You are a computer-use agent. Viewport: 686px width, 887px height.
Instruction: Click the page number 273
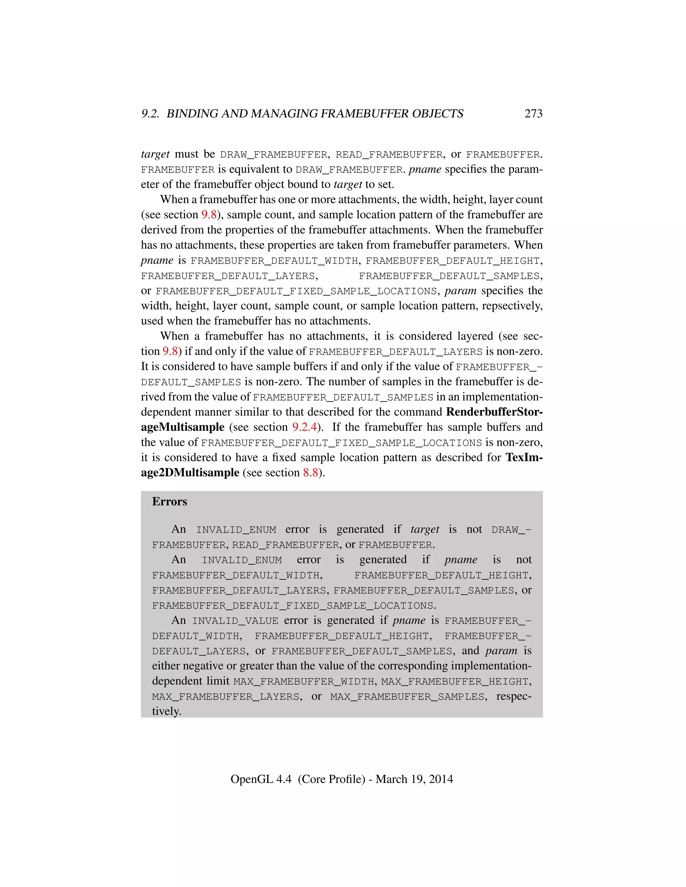pyautogui.click(x=533, y=114)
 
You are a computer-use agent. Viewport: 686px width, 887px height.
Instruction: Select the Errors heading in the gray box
pyautogui.click(x=169, y=502)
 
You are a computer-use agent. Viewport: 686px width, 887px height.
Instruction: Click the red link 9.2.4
pyautogui.click(x=304, y=427)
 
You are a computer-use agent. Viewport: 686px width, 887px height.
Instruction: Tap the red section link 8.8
pyautogui.click(x=311, y=473)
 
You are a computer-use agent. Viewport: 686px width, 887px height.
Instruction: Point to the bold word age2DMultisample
pyautogui.click(x=190, y=473)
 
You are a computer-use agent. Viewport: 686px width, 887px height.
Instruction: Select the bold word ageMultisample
pyautogui.click(x=183, y=427)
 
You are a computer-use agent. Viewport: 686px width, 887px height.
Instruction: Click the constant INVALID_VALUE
pyautogui.click(x=235, y=621)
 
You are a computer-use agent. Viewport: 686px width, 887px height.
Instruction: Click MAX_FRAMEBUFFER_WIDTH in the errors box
pyautogui.click(x=303, y=681)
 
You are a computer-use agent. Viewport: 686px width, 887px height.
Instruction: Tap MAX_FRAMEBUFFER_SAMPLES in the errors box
pyautogui.click(x=407, y=697)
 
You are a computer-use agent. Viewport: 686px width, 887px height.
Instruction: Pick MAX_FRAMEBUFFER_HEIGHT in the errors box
pyautogui.click(x=455, y=681)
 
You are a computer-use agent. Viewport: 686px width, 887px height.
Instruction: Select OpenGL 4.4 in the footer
pyautogui.click(x=261, y=779)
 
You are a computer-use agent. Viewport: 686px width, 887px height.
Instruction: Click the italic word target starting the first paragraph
pyautogui.click(x=155, y=154)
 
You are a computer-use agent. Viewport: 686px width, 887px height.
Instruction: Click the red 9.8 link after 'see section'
pyautogui.click(x=209, y=215)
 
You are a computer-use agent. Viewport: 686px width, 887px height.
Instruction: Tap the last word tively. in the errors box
pyautogui.click(x=166, y=712)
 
